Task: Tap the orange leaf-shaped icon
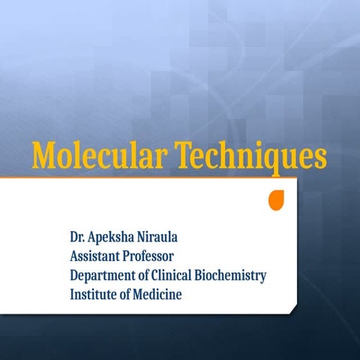[277, 199]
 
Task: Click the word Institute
[92, 294]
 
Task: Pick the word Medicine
[157, 294]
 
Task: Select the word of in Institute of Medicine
[124, 294]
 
